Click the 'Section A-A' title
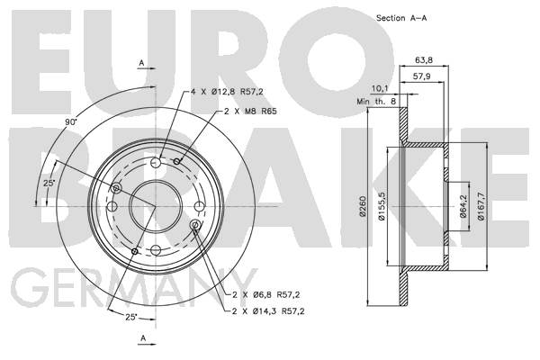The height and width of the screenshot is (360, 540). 401,18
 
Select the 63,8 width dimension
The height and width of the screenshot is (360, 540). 424,60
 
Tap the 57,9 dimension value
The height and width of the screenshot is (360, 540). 421,76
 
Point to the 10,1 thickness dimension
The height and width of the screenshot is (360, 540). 379,88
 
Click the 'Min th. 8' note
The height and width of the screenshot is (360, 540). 376,102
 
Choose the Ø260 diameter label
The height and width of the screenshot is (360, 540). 363,206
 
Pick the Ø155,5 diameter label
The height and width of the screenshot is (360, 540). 382,206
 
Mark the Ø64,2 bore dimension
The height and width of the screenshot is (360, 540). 463,206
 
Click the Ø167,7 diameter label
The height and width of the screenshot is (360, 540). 481,206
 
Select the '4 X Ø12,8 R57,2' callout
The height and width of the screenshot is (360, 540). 228,92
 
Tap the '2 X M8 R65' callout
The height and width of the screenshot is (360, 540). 250,112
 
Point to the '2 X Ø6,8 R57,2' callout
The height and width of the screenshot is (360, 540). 266,295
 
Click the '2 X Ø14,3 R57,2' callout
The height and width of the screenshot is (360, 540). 268,311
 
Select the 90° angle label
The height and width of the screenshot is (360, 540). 71,122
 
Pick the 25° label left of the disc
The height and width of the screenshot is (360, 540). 49,184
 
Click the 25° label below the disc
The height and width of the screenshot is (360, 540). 131,318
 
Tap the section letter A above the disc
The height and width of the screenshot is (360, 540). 141,63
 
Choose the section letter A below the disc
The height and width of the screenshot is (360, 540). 143,338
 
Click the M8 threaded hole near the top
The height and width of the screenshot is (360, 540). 177,161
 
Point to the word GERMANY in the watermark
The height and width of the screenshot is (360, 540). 134,287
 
